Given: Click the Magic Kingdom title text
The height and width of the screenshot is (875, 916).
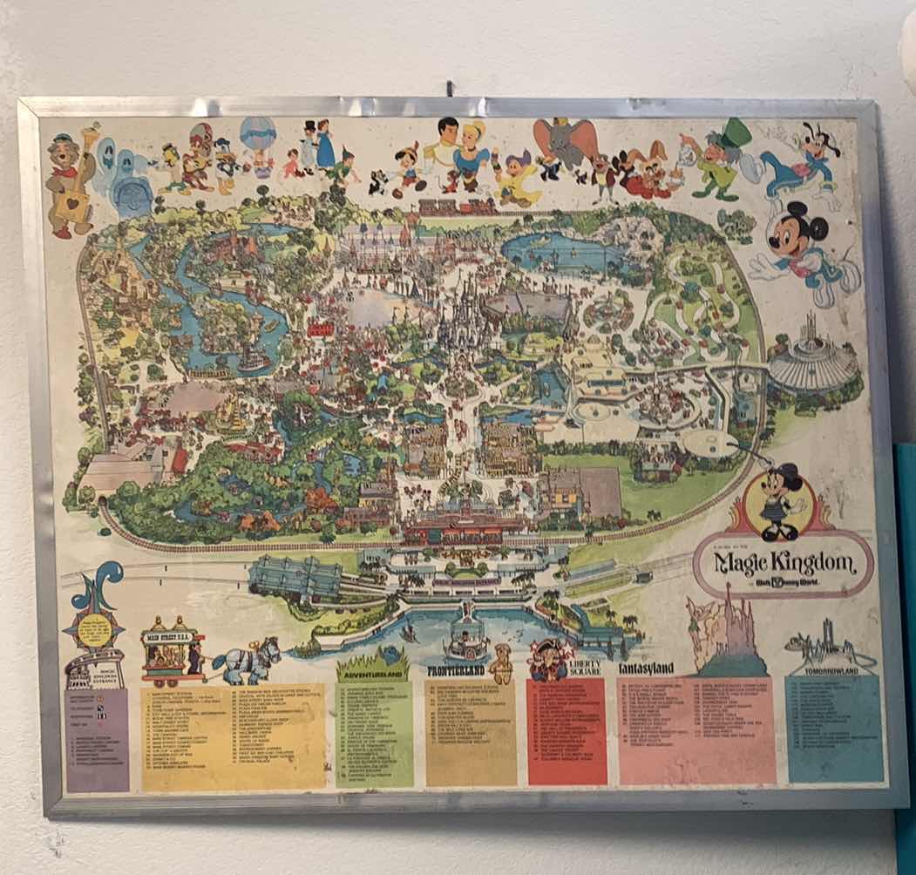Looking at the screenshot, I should [783, 564].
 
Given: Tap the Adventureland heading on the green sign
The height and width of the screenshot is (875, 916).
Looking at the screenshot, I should [372, 674].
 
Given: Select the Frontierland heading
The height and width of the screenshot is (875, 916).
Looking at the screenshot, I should [457, 670].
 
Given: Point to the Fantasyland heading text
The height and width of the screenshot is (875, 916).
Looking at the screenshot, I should [647, 668].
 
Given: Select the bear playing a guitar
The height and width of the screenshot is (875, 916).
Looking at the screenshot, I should [71, 183].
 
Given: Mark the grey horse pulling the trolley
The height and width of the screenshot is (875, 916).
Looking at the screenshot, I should [248, 660].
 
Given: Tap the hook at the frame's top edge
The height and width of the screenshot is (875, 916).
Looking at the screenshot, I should [451, 88].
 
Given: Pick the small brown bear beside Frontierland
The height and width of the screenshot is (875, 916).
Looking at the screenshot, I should [501, 664].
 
